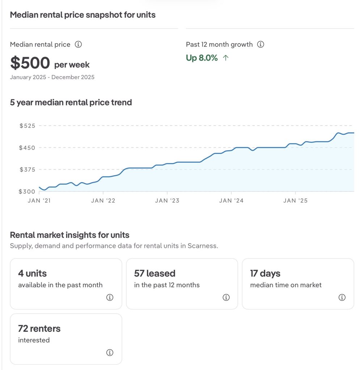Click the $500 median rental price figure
[30, 63]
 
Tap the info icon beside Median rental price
[78, 44]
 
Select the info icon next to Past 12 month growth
[261, 44]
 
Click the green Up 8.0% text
[202, 58]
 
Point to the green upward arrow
[226, 58]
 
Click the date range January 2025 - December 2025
[52, 77]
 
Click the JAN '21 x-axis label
[39, 201]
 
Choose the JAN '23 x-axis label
[167, 201]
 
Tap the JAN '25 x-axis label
[295, 201]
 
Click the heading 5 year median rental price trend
[71, 103]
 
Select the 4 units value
[33, 274]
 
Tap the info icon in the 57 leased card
[226, 297]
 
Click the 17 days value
[265, 274]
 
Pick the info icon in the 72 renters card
[110, 353]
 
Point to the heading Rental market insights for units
[70, 235]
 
